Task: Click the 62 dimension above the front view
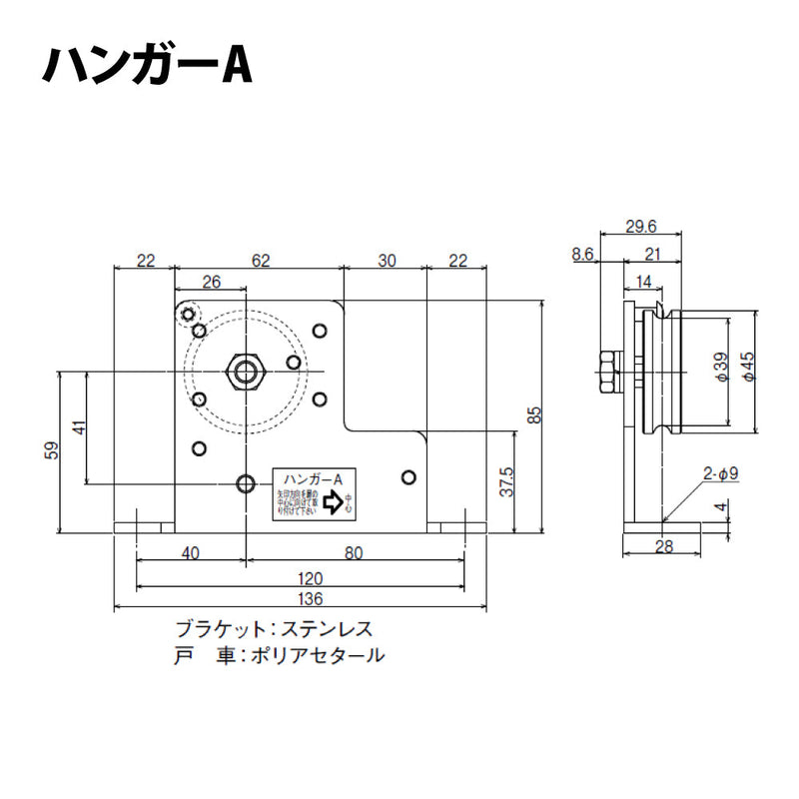click(260, 260)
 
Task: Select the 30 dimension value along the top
click(387, 260)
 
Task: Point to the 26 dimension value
click(211, 283)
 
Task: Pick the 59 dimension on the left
click(52, 450)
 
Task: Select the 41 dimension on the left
click(80, 426)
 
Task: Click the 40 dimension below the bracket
click(192, 551)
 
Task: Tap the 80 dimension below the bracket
click(354, 551)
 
